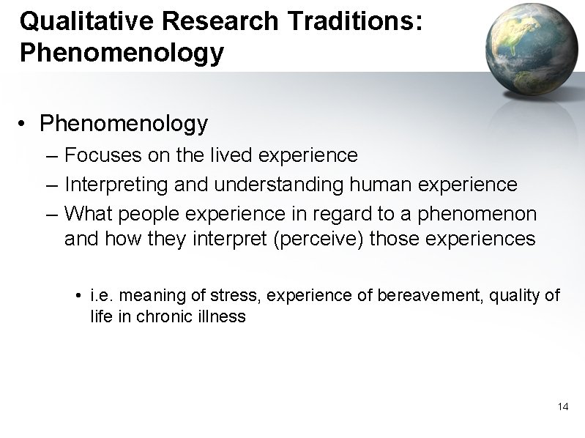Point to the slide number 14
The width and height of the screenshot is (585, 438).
click(x=563, y=406)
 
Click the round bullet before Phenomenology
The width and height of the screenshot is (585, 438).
click(x=26, y=124)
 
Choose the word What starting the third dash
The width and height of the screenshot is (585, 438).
click(x=85, y=214)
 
